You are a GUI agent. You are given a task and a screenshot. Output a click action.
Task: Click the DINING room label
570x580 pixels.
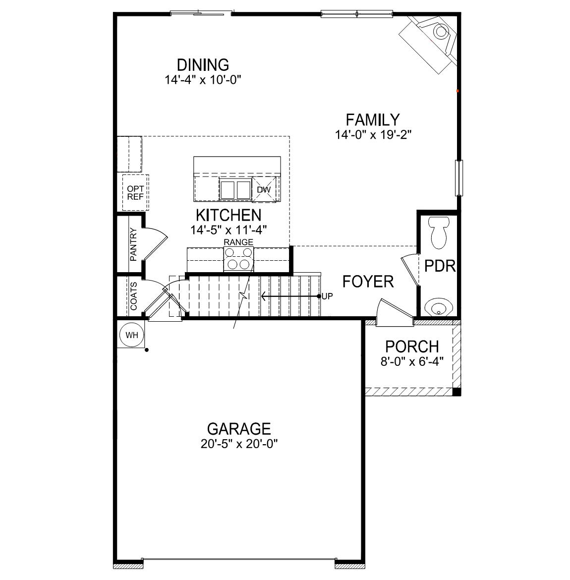[203, 65]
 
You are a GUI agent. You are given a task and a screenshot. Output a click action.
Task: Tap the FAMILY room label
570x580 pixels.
[372, 120]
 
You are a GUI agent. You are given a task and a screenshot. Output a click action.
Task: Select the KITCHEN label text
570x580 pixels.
[228, 215]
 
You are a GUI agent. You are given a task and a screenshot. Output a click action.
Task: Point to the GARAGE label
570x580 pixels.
[238, 428]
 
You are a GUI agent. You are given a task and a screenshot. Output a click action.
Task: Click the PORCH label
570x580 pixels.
[412, 346]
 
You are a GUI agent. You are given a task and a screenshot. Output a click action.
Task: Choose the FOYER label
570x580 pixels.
[368, 282]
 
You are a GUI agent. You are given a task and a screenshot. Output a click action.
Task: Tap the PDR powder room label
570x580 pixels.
[440, 266]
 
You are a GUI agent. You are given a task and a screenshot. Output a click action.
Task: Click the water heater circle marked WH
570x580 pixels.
[131, 335]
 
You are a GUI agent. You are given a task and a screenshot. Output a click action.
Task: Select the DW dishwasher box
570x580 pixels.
[263, 190]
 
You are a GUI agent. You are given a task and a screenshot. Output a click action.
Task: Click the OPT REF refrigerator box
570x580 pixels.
[135, 192]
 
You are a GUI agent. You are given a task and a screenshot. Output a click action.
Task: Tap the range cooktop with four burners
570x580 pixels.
[238, 258]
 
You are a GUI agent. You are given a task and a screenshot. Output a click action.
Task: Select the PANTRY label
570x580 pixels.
[133, 244]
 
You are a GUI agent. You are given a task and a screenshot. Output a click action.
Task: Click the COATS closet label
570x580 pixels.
[134, 296]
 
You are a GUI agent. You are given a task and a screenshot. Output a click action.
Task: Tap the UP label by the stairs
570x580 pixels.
[327, 296]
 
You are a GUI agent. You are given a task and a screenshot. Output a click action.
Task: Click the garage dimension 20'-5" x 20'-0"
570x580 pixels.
[238, 444]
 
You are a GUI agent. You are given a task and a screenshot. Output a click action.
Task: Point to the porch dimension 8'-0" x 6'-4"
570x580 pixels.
[412, 361]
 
